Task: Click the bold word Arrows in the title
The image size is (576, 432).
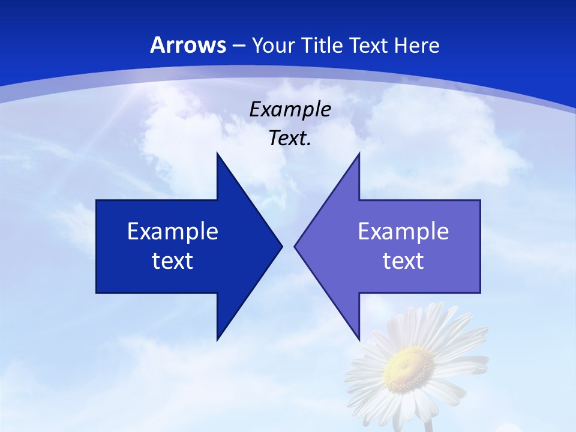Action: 188,45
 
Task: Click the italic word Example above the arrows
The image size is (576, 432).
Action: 290,109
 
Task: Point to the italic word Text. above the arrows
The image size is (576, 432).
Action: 290,138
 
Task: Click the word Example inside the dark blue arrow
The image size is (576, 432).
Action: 173,231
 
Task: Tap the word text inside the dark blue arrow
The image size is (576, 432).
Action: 173,260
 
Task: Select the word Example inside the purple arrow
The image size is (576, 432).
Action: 403,231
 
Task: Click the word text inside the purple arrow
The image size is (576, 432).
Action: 403,260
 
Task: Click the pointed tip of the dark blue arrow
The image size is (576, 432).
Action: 281,246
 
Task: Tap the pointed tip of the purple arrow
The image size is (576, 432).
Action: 296,246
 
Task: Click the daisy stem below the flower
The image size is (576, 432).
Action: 428,425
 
